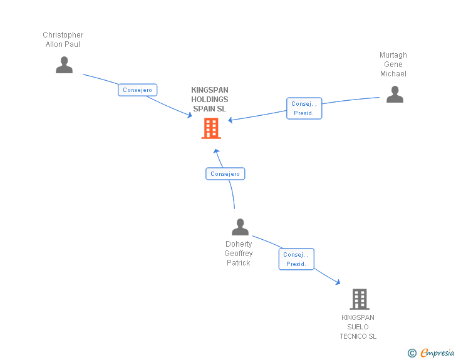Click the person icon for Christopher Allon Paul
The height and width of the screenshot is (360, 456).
pyautogui.click(x=64, y=65)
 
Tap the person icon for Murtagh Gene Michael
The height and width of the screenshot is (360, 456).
pyautogui.click(x=395, y=95)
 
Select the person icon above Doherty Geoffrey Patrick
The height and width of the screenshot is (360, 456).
pyautogui.click(x=240, y=227)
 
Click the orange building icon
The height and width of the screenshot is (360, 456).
pyautogui.click(x=211, y=128)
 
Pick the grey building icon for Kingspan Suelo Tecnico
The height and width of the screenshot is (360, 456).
pyautogui.click(x=360, y=299)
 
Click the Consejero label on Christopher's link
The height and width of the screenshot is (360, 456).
pyautogui.click(x=137, y=90)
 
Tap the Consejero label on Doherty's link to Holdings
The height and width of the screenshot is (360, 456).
pyautogui.click(x=225, y=174)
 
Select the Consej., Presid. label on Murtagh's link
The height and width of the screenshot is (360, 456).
pyautogui.click(x=304, y=109)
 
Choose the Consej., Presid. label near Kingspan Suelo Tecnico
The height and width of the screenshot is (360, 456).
pyautogui.click(x=296, y=259)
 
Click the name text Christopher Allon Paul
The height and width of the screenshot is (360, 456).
pyautogui.click(x=63, y=39)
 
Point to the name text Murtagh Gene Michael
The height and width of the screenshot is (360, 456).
pyautogui.click(x=393, y=64)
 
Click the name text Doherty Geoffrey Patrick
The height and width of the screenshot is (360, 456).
pyautogui.click(x=239, y=254)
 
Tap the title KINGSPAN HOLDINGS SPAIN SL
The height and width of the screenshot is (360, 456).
pyautogui.click(x=210, y=100)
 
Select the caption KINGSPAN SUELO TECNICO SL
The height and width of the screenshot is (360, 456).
pyautogui.click(x=358, y=327)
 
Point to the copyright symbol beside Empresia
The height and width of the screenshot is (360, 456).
pyautogui.click(x=412, y=353)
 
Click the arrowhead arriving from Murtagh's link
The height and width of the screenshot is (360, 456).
pyautogui.click(x=231, y=120)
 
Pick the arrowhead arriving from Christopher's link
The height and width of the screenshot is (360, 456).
pyautogui.click(x=189, y=115)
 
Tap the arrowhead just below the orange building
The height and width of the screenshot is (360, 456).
pyautogui.click(x=216, y=151)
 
